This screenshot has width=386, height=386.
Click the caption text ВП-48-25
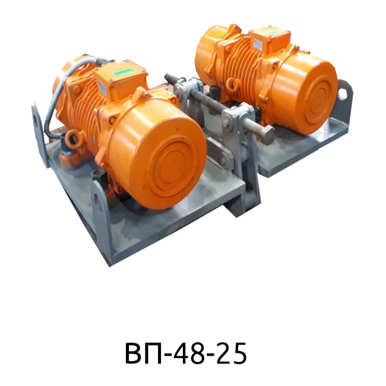(186, 353)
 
